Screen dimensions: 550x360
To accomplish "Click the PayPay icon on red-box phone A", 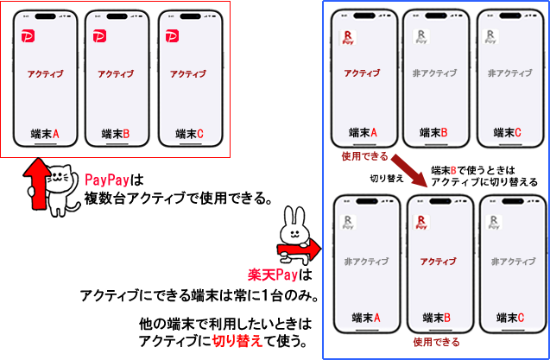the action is pyautogui.click(x=28, y=36).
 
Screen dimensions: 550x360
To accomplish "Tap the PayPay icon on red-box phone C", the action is pyautogui.click(x=172, y=36).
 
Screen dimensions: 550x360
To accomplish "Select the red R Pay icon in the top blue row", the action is pyautogui.click(x=348, y=37).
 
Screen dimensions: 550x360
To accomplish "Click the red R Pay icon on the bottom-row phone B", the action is pyautogui.click(x=421, y=223).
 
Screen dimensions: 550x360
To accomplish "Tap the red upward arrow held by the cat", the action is pyautogui.click(x=36, y=183).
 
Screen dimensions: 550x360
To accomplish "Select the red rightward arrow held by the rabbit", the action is pyautogui.click(x=300, y=249).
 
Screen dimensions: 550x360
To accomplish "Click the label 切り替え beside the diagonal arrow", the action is pyautogui.click(x=387, y=179).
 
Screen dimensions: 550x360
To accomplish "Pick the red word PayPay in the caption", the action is pyautogui.click(x=107, y=180).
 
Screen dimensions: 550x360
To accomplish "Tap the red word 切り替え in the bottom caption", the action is pyautogui.click(x=237, y=341).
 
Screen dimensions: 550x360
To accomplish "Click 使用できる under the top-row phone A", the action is pyautogui.click(x=364, y=156).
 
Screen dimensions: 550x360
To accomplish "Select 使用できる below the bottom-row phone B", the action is pyautogui.click(x=436, y=341).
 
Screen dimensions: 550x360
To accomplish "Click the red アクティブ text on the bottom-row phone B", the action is pyautogui.click(x=438, y=262).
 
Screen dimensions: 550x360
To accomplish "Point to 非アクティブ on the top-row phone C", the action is pyautogui.click(x=509, y=73).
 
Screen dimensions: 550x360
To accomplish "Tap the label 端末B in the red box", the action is pyautogui.click(x=116, y=134).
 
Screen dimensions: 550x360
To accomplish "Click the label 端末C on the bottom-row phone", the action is pyautogui.click(x=510, y=318).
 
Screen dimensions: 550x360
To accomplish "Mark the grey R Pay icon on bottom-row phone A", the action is pyautogui.click(x=348, y=223).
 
